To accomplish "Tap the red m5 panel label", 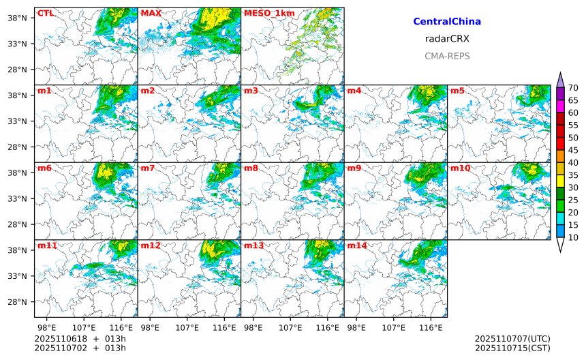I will point(457,91).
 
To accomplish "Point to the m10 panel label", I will point(460,168).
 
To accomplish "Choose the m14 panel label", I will point(357,245).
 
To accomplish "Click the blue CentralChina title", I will point(447,22).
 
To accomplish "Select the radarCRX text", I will point(447,39).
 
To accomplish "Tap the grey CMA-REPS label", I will point(447,56).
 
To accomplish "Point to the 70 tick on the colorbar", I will point(573,87).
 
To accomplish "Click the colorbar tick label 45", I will point(573,150).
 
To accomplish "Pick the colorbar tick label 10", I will point(573,237).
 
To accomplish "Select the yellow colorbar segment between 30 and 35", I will point(560,181).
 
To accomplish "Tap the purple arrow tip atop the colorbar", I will point(560,78).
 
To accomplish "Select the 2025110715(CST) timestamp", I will point(512,348).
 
